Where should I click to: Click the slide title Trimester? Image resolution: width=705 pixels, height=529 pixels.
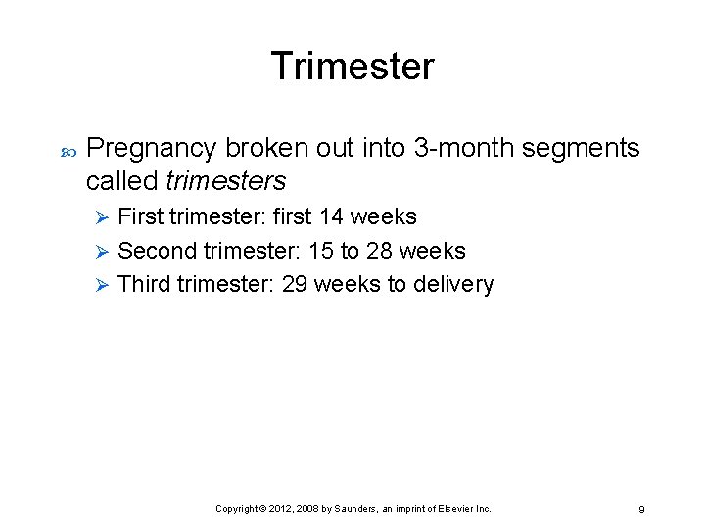coord(352,67)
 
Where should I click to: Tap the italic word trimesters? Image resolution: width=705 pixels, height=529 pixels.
coord(226,181)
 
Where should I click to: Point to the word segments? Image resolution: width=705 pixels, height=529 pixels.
coord(582,149)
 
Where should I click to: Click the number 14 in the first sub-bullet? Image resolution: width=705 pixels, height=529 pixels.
coord(331,216)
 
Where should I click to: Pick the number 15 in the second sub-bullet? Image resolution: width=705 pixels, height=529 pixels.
coord(320,251)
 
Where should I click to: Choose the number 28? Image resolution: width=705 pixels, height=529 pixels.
coord(380,251)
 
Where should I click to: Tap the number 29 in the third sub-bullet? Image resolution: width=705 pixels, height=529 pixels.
coord(295,284)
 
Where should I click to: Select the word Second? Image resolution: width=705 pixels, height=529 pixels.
coord(157,251)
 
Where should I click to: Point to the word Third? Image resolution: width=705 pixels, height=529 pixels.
coord(144,284)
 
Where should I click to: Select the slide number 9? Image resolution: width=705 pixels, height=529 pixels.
coord(641,509)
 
